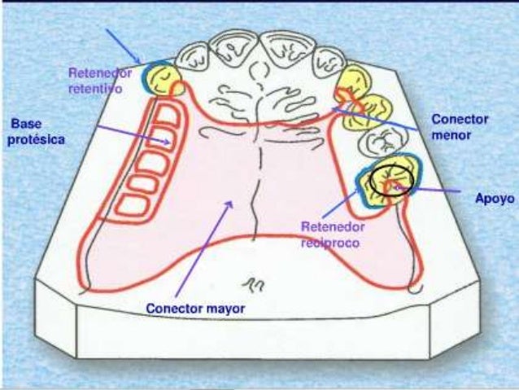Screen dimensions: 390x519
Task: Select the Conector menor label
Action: (x=460, y=126)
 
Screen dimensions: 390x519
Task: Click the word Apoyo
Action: (x=494, y=196)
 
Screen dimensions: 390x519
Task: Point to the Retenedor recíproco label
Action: (x=331, y=234)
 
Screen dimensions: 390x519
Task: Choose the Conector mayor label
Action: (x=195, y=309)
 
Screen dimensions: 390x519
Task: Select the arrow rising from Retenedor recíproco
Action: (x=351, y=202)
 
